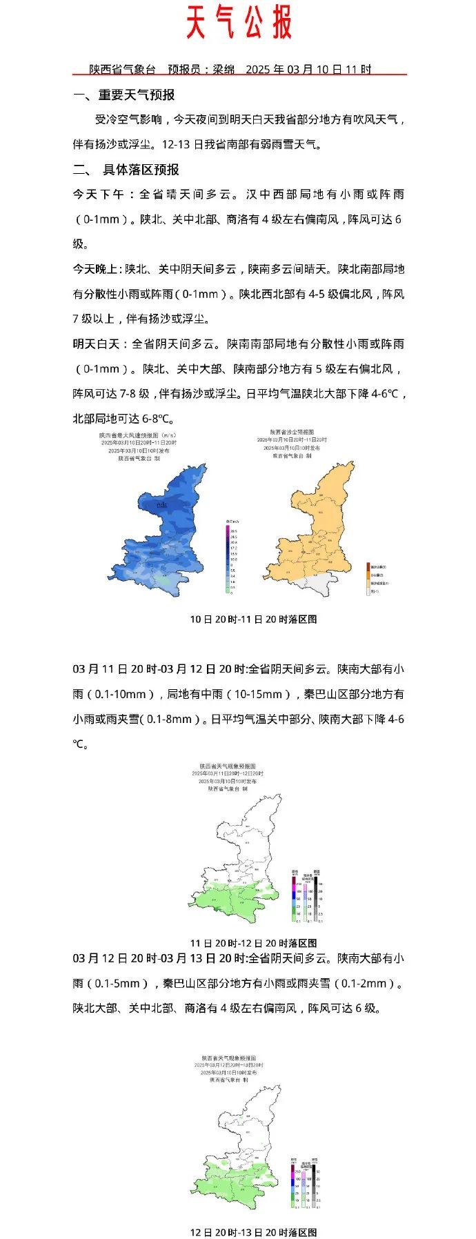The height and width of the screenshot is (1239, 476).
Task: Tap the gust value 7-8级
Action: (134, 393)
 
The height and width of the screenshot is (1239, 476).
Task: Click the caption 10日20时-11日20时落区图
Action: (254, 619)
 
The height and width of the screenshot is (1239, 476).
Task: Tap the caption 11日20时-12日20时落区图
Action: (254, 942)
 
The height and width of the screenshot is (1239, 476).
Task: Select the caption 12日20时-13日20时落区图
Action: (254, 1232)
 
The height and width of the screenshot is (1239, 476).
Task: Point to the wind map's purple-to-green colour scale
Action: (228, 559)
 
